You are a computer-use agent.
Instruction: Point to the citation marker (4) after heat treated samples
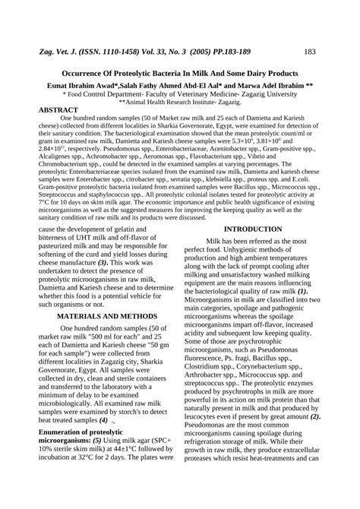[103, 419]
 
